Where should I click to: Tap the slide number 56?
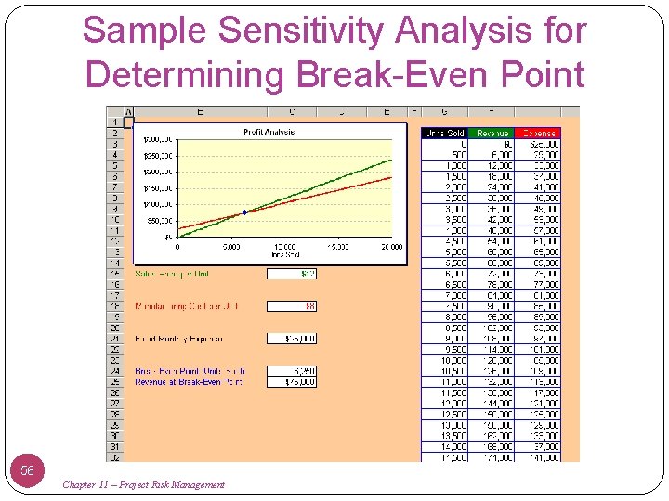click(27, 470)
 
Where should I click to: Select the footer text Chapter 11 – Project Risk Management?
click(143, 484)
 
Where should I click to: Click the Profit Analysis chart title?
click(269, 132)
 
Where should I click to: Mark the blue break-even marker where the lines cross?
click(244, 212)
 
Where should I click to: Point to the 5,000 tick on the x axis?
click(231, 247)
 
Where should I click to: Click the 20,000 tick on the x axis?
click(391, 247)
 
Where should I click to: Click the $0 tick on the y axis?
click(168, 237)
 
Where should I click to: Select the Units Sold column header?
click(443, 134)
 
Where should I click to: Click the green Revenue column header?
click(492, 134)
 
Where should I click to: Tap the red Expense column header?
click(538, 134)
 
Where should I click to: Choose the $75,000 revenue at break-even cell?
click(292, 382)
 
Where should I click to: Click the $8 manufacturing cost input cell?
click(292, 306)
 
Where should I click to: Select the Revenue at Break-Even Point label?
click(190, 382)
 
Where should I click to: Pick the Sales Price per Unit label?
click(174, 274)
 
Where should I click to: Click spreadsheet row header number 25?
click(114, 382)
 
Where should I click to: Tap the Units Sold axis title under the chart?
click(284, 254)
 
